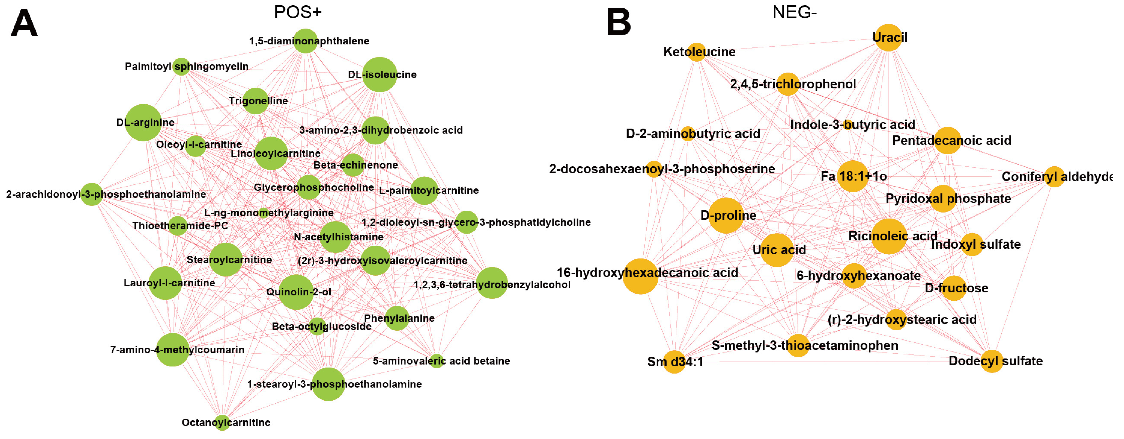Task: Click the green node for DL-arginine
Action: (143, 123)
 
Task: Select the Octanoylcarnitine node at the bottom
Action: (222, 422)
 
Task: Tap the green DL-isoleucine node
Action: (379, 74)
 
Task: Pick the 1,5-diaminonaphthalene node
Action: (305, 41)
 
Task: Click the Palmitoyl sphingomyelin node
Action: (181, 66)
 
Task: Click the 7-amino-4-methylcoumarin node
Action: (173, 350)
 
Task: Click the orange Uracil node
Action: (888, 37)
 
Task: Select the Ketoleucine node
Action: (696, 52)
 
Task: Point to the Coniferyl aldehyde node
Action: (1054, 177)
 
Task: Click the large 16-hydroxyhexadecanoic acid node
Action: (640, 276)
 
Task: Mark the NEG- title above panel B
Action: (794, 12)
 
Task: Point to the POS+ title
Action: (298, 12)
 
